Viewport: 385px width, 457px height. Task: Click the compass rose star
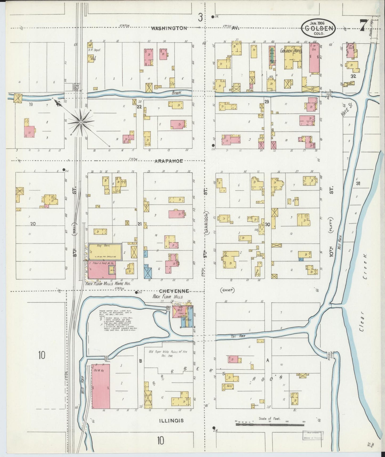pyautogui.click(x=80, y=122)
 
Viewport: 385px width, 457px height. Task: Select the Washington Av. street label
pyautogui.click(x=169, y=28)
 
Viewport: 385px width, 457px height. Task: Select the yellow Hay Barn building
pyautogui.click(x=105, y=252)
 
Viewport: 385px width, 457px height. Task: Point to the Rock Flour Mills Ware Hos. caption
pyautogui.click(x=108, y=284)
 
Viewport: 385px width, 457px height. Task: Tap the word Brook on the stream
pyautogui.click(x=176, y=93)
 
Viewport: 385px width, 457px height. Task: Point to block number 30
pyautogui.click(x=267, y=225)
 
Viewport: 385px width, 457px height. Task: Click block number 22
pyautogui.click(x=139, y=107)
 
